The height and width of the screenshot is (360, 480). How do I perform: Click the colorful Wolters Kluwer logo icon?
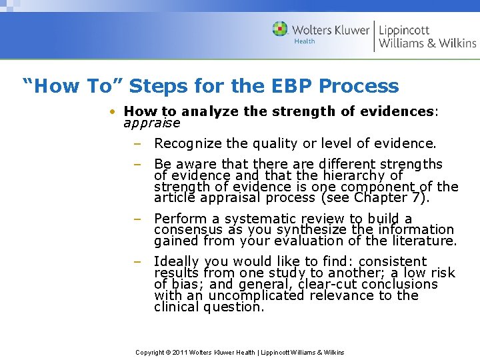pos(281,29)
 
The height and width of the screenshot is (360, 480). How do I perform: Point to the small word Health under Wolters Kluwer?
pos(305,41)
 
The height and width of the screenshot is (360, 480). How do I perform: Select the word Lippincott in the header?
pos(405,29)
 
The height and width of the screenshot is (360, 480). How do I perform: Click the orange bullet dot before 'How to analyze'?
pos(114,112)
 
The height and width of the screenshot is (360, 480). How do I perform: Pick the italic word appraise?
pos(152,123)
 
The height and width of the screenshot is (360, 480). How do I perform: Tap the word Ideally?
pos(177,261)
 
